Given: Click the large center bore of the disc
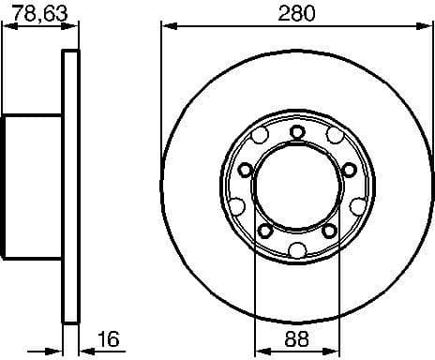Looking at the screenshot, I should [x=296, y=189].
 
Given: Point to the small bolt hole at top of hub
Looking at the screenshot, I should [x=297, y=131].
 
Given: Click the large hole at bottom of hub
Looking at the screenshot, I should [x=297, y=248].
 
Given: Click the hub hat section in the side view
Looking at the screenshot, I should [x=34, y=187].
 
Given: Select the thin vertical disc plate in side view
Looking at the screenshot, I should [x=69, y=187].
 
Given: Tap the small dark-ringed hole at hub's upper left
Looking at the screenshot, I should [x=245, y=170].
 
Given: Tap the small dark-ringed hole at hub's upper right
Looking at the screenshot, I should [x=349, y=169].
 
